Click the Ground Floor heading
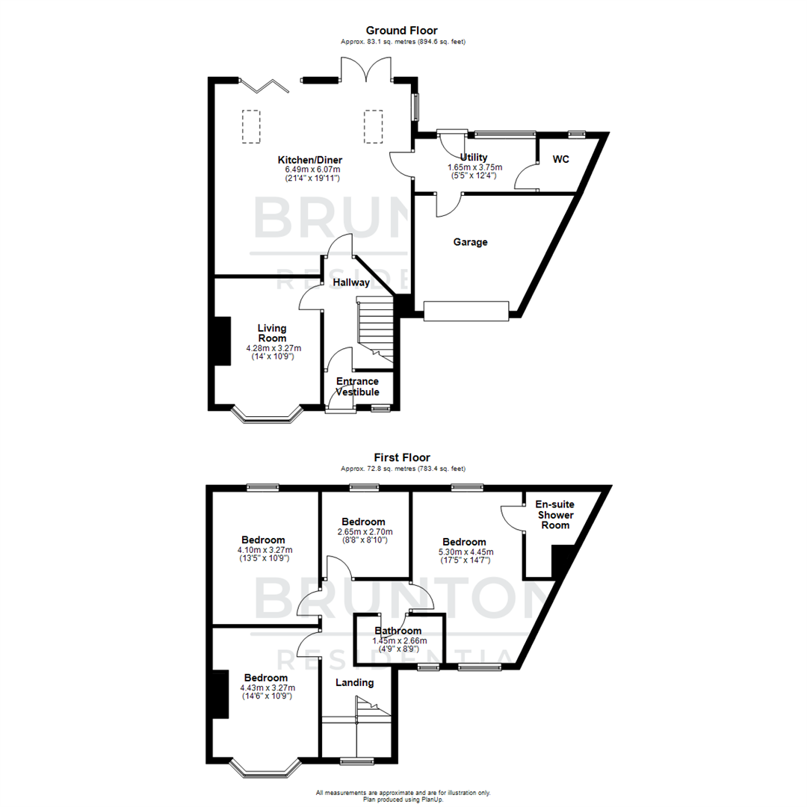[401, 31]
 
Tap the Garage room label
[471, 242]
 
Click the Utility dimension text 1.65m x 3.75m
[474, 167]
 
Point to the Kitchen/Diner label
[309, 161]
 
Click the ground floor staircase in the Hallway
[374, 329]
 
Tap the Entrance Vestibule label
[357, 387]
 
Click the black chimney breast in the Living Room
[222, 341]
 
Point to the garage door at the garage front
[467, 311]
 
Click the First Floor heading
[402, 457]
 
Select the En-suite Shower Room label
[556, 515]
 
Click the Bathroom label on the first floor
[398, 631]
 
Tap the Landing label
[354, 682]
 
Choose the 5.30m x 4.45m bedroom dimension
[464, 553]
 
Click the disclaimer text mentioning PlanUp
[403, 797]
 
